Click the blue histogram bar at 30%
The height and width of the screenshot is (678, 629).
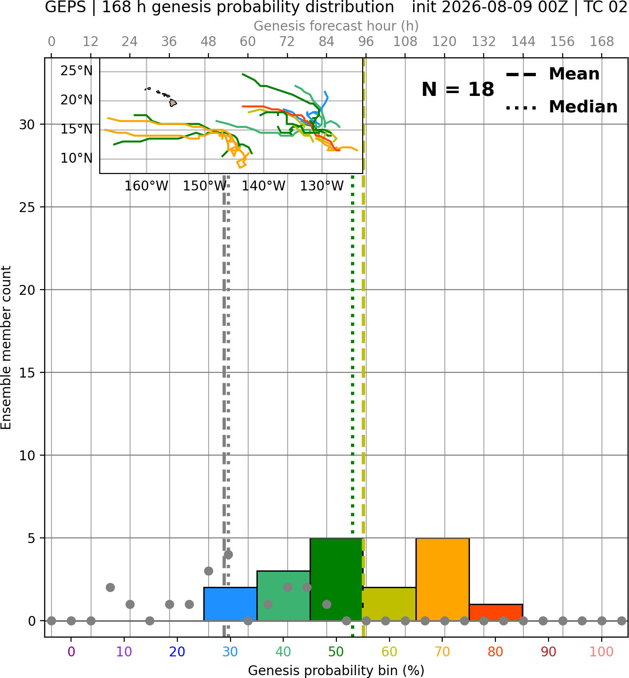tap(230, 604)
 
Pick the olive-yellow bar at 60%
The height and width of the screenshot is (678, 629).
tap(390, 604)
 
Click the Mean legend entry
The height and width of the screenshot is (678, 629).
tap(553, 74)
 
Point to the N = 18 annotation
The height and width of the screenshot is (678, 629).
tap(458, 89)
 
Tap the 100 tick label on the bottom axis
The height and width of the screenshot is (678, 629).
tap(601, 652)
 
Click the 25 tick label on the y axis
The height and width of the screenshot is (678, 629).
tap(27, 207)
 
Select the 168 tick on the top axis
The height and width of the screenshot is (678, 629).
tap(602, 42)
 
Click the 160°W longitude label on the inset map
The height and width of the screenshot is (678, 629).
tap(146, 186)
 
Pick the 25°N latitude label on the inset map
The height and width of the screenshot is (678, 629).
tap(77, 71)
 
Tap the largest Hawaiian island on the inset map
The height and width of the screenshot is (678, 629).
tap(173, 103)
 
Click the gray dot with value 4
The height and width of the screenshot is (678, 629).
tap(228, 554)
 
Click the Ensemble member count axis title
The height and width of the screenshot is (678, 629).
tap(6, 347)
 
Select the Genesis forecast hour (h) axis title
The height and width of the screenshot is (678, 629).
tap(336, 26)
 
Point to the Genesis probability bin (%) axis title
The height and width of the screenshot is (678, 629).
tap(336, 670)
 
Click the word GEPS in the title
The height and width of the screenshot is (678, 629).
tap(65, 7)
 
